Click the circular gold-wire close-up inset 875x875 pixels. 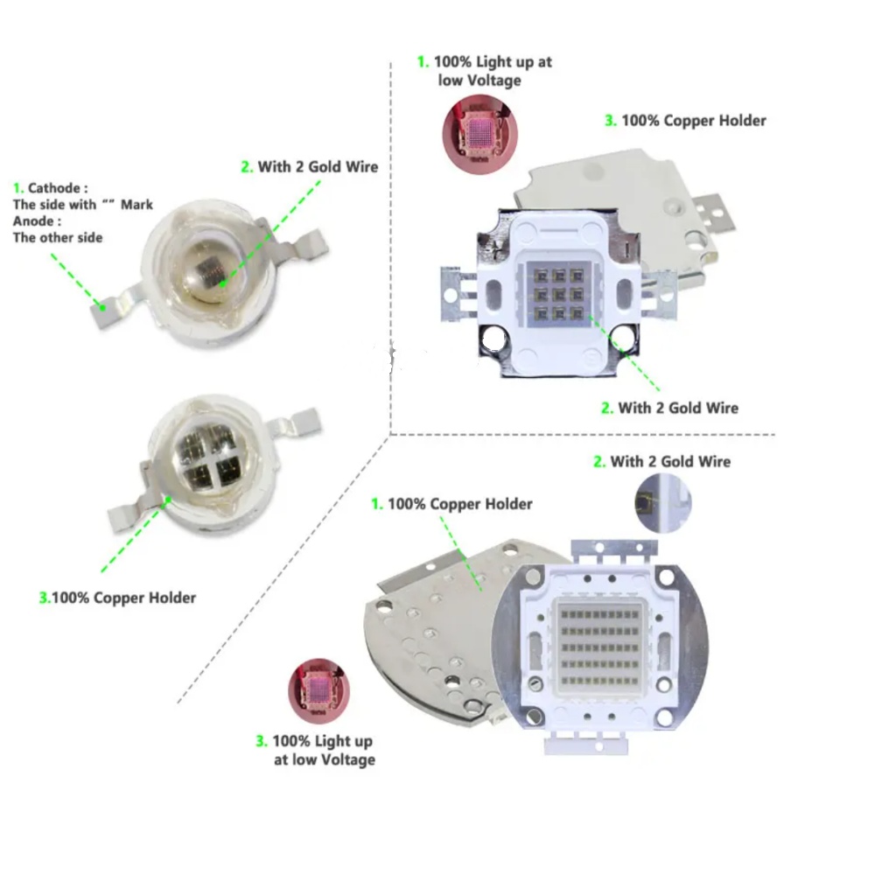coord(663,503)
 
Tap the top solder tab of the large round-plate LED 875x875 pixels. coord(612,549)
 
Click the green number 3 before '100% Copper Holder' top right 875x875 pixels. coord(610,121)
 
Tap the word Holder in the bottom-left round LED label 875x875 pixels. coord(171,598)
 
